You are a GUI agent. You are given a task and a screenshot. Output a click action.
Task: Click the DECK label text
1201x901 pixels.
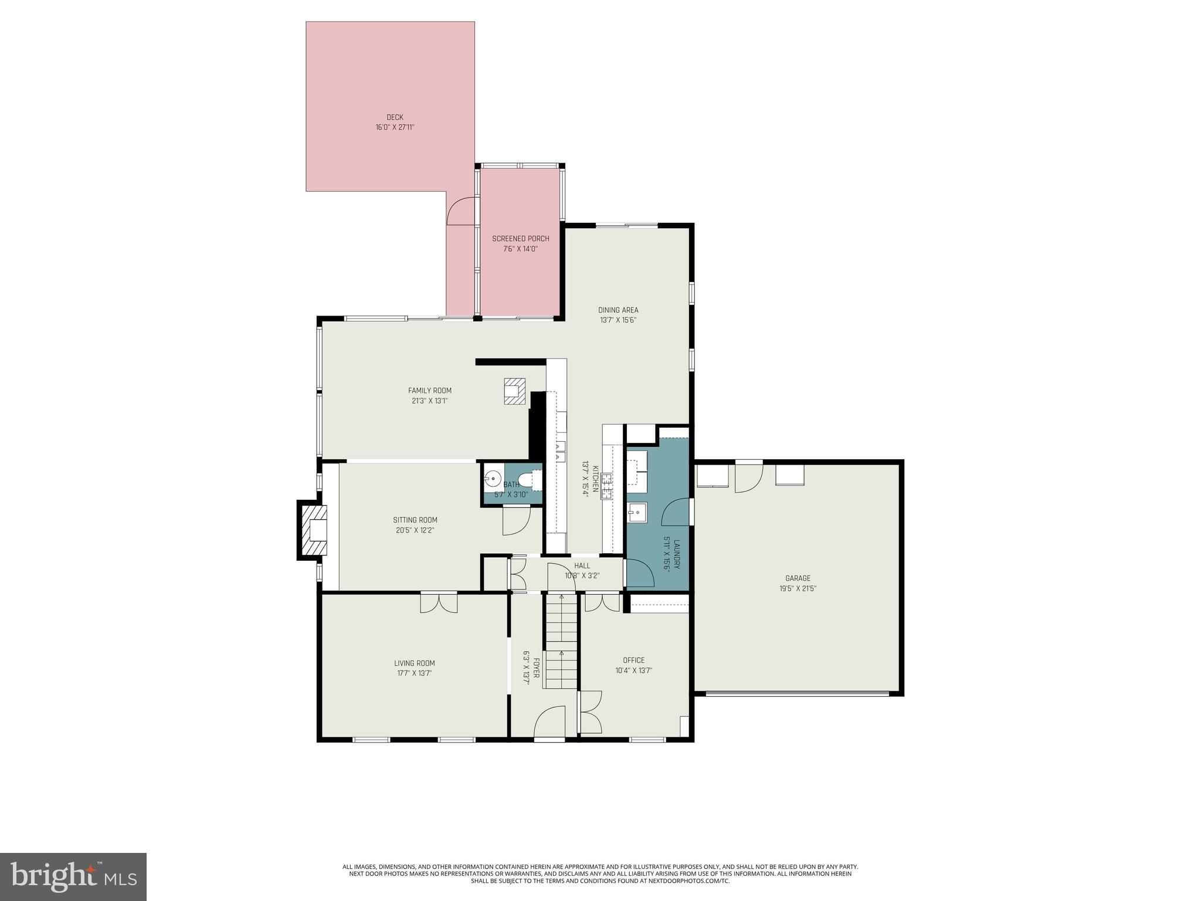pyautogui.click(x=395, y=117)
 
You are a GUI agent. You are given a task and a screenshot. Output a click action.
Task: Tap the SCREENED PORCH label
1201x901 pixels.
pyautogui.click(x=520, y=239)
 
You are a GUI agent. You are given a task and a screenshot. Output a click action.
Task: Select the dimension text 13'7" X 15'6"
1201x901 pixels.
pyautogui.click(x=618, y=320)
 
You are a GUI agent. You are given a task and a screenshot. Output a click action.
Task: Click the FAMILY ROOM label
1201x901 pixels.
pyautogui.click(x=429, y=391)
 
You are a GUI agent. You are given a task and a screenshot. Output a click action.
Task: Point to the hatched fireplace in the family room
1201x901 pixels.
pyautogui.click(x=514, y=391)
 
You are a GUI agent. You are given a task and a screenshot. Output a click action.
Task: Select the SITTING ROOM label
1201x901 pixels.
pyautogui.click(x=415, y=520)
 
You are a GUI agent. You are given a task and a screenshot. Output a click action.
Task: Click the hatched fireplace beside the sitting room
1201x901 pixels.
pyautogui.click(x=314, y=531)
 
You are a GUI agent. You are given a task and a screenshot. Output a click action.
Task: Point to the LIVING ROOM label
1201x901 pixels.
pyautogui.click(x=414, y=663)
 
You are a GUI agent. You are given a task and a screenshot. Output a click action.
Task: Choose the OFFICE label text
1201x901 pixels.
pyautogui.click(x=633, y=660)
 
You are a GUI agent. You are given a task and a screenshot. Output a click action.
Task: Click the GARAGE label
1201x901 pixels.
pyautogui.click(x=798, y=578)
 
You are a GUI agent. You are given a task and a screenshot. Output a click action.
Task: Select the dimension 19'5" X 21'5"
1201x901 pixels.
pyautogui.click(x=798, y=588)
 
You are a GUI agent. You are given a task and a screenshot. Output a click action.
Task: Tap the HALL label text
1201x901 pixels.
pyautogui.click(x=582, y=565)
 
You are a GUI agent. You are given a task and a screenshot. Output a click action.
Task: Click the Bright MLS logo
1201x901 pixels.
pyautogui.click(x=73, y=876)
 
